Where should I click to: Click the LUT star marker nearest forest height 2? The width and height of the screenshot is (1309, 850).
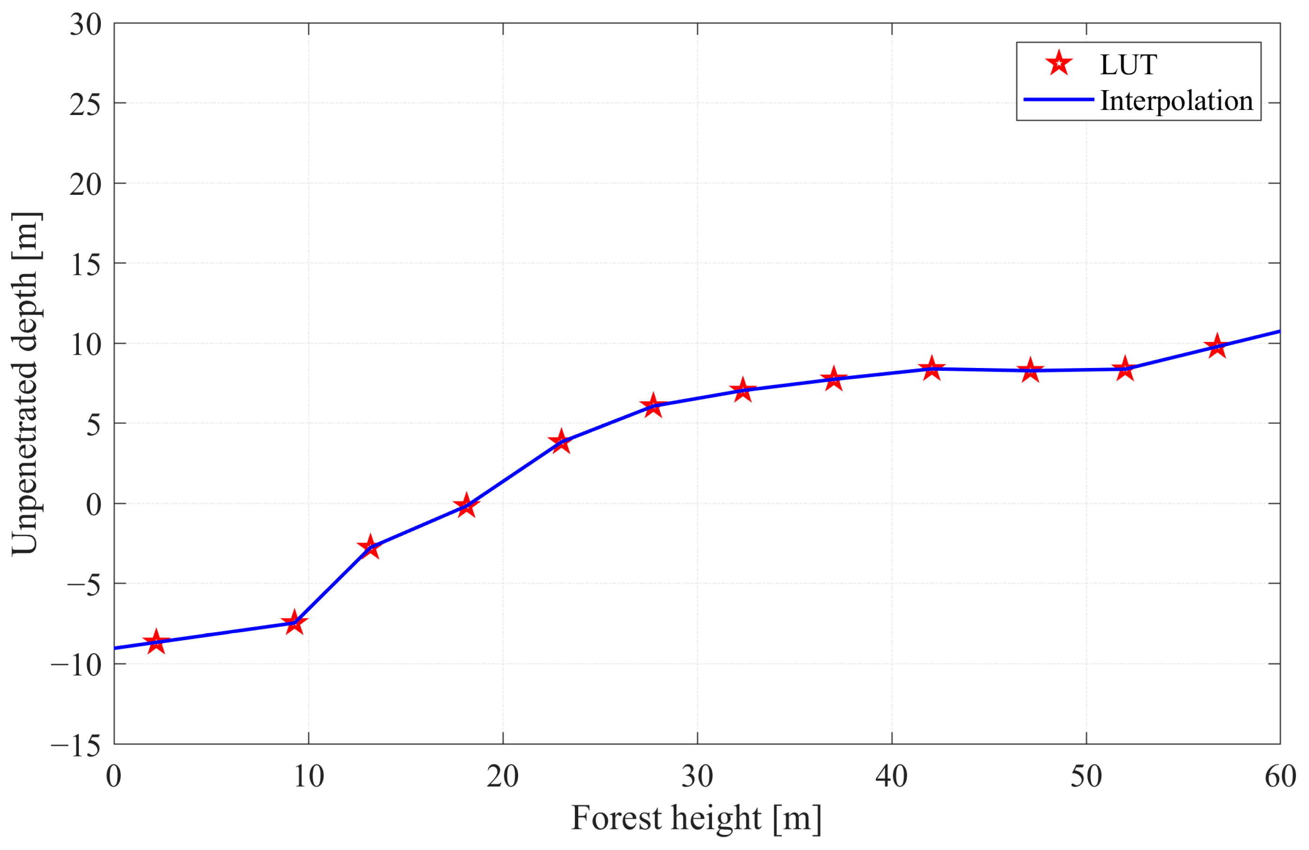click(156, 642)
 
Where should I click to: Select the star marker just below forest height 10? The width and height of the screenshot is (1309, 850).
click(294, 623)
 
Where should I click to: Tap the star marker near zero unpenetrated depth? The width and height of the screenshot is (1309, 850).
click(467, 505)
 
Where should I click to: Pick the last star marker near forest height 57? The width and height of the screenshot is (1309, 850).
click(1217, 346)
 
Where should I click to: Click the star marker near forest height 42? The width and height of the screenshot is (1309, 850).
click(931, 368)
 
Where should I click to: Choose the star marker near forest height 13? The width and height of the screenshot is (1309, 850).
click(370, 546)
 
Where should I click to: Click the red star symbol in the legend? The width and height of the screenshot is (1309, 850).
click(1059, 64)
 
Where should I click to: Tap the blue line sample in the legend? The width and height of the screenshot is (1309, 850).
click(1059, 100)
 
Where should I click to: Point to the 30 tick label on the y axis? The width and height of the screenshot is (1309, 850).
click(86, 25)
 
